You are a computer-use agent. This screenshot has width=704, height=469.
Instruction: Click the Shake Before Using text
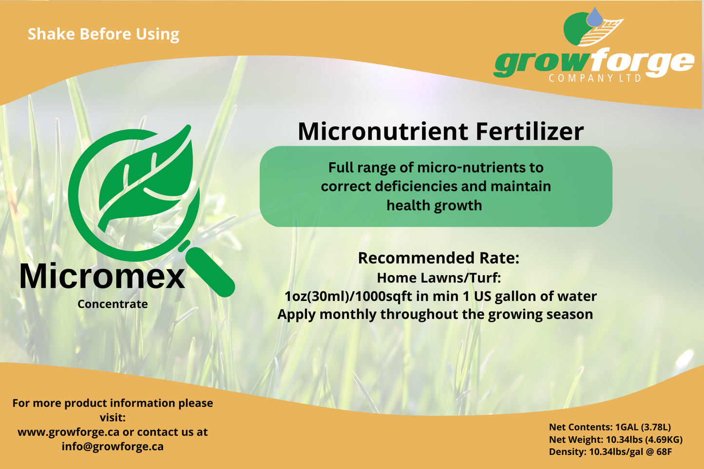coord(103,34)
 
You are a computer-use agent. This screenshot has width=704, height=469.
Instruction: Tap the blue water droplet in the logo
coord(595,17)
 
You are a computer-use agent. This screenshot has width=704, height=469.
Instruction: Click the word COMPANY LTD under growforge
coord(595,78)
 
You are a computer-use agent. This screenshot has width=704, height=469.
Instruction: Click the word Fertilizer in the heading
coord(530,131)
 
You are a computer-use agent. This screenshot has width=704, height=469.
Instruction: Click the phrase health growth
coord(435,206)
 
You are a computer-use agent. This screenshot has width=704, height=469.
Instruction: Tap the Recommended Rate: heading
coord(438,258)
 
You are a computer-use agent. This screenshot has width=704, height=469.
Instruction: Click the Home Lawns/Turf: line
coord(439,278)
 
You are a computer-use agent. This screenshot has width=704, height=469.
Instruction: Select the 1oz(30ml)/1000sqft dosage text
coord(348,296)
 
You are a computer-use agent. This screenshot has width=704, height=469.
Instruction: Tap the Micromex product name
coord(102,276)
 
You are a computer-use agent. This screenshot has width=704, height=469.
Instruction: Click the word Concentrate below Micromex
coord(113,304)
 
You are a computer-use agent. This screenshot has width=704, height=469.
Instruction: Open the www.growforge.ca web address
coord(69,432)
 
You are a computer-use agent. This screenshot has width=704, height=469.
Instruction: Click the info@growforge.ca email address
coord(113,447)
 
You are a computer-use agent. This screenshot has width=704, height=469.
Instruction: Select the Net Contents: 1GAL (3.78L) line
coord(609,427)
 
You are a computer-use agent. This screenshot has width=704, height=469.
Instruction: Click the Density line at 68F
coord(610,452)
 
